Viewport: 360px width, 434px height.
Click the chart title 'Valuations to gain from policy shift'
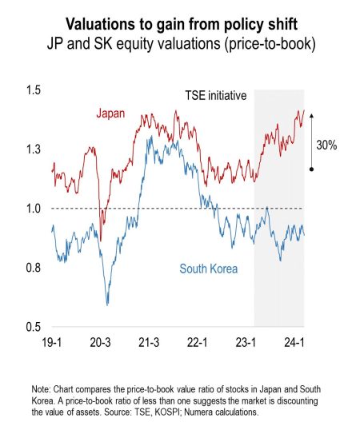tap(180, 22)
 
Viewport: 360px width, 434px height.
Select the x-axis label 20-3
tap(102, 341)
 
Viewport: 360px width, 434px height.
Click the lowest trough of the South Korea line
tap(107, 304)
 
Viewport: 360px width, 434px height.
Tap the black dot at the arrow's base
tap(311, 169)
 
